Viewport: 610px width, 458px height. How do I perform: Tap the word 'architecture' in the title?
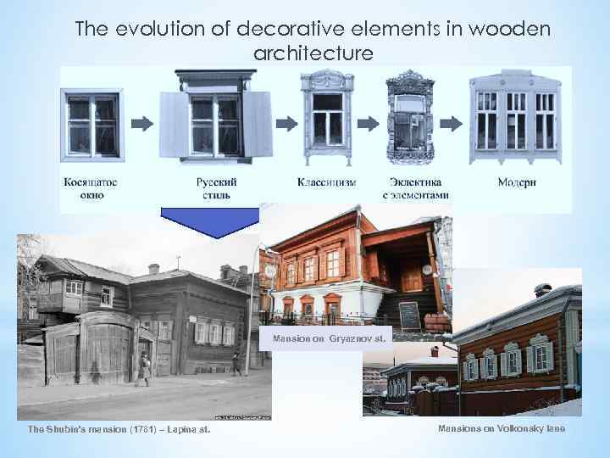coord(313,53)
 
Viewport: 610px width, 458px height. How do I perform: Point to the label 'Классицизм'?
coord(326,182)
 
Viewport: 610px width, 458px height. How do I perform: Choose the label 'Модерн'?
coord(516,182)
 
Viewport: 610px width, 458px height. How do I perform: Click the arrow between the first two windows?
coord(142,124)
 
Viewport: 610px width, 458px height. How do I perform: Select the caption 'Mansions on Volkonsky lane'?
coord(501,429)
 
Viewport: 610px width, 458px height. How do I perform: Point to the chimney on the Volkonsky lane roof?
coord(542,291)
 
